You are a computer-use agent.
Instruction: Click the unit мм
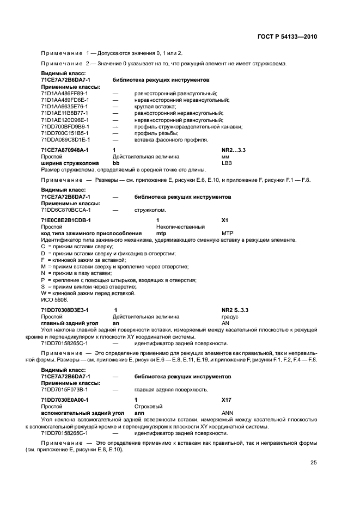[225, 156]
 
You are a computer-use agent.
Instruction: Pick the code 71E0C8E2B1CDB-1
[65, 219]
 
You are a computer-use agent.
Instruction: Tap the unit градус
[230, 316]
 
